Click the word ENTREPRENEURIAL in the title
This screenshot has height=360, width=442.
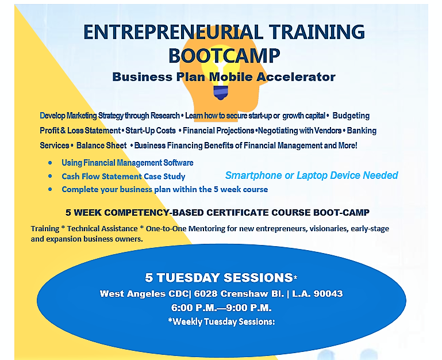tap(173, 32)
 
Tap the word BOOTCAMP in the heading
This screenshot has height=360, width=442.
tap(224, 56)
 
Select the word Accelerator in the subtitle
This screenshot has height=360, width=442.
tap(297, 76)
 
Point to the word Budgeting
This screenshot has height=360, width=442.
tap(351, 116)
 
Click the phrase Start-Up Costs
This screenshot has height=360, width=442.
tap(151, 131)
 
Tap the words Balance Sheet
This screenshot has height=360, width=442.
tap(102, 145)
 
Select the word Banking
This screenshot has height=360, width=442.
tap(362, 131)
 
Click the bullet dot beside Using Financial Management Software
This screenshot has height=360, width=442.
tap(50, 163)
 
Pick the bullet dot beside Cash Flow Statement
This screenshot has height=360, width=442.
tap(50, 176)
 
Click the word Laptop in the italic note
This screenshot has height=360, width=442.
tap(312, 175)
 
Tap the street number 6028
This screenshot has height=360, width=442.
tap(206, 294)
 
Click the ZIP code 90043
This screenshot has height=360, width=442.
tap(328, 294)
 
